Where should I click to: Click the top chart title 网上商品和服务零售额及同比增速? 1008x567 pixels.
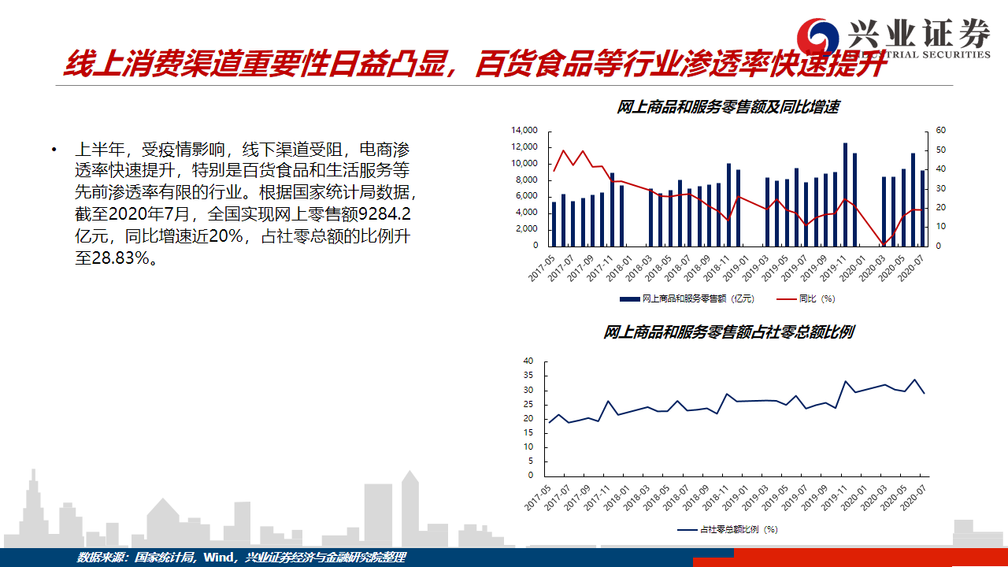pyautogui.click(x=728, y=107)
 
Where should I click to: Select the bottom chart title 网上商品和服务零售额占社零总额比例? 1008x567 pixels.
pyautogui.click(x=728, y=332)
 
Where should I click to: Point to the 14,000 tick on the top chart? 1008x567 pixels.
pyautogui.click(x=524, y=130)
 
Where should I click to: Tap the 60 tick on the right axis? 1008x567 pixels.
pyautogui.click(x=940, y=130)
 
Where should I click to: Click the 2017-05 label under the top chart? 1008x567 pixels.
pyautogui.click(x=542, y=269)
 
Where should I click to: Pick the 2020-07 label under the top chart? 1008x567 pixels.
pyautogui.click(x=911, y=269)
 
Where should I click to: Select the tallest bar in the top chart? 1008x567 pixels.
pyautogui.click(x=845, y=195)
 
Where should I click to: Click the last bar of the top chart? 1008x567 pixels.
pyautogui.click(x=922, y=209)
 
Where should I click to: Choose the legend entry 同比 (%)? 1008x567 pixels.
pyautogui.click(x=806, y=298)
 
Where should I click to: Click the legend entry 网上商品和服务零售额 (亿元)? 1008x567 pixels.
pyautogui.click(x=687, y=298)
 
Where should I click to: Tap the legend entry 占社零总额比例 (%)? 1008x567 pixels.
pyautogui.click(x=728, y=530)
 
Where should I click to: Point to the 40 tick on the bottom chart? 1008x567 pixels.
pyautogui.click(x=528, y=361)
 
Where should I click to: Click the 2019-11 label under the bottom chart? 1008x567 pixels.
pyautogui.click(x=833, y=498)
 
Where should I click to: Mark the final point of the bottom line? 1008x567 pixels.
pyautogui.click(x=925, y=394)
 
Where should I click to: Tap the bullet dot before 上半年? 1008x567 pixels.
pyautogui.click(x=54, y=150)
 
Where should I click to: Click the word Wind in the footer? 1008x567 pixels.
pyautogui.click(x=218, y=558)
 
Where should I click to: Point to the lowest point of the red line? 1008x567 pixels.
pyautogui.click(x=884, y=244)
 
